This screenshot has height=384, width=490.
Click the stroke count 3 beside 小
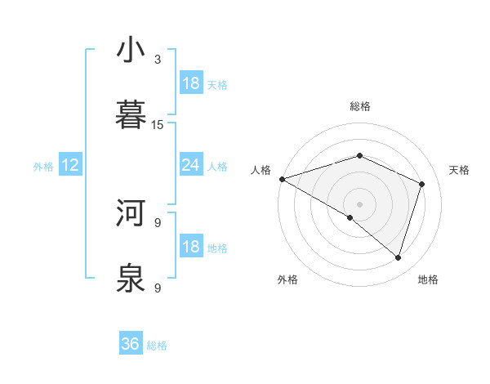(x=158, y=59)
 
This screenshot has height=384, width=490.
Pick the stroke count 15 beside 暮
(x=158, y=124)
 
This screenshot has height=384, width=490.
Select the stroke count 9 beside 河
(x=158, y=222)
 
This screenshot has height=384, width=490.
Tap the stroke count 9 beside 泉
(x=158, y=288)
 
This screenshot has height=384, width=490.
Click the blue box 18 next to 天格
(x=191, y=83)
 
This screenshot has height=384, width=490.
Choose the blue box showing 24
(x=191, y=165)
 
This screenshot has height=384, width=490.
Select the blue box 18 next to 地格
(x=191, y=247)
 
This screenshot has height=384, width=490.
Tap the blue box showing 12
(x=70, y=165)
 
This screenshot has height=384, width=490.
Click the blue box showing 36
(x=131, y=344)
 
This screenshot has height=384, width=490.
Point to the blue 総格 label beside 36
(x=157, y=346)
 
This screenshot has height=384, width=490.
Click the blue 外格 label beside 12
(x=43, y=167)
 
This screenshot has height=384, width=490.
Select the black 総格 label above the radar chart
(x=359, y=106)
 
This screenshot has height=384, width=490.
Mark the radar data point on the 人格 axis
(x=282, y=179)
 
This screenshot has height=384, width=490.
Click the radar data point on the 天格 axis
(x=422, y=184)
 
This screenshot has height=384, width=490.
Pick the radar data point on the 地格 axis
(x=399, y=257)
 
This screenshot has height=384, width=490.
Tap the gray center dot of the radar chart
(x=359, y=203)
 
